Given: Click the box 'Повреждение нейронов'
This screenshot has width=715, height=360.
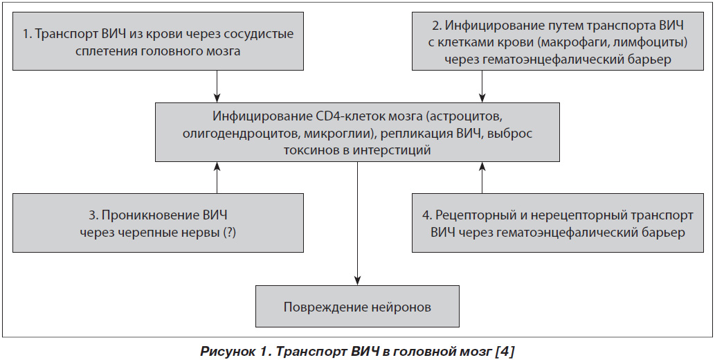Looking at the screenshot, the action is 357,306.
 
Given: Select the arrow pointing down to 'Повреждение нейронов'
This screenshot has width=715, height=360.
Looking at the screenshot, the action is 357,224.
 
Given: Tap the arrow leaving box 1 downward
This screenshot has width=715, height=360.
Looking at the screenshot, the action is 217,87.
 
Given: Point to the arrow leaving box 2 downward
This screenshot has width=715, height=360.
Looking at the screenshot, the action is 482,87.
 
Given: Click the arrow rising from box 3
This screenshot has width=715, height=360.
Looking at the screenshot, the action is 217,177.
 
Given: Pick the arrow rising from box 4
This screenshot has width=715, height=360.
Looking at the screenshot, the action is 482,177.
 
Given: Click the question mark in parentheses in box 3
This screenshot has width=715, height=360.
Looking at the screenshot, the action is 229,232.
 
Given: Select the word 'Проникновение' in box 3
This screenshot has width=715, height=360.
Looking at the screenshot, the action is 148,215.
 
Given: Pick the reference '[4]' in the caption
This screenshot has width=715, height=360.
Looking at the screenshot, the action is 506,352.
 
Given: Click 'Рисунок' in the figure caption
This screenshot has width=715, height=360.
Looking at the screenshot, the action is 223,352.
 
